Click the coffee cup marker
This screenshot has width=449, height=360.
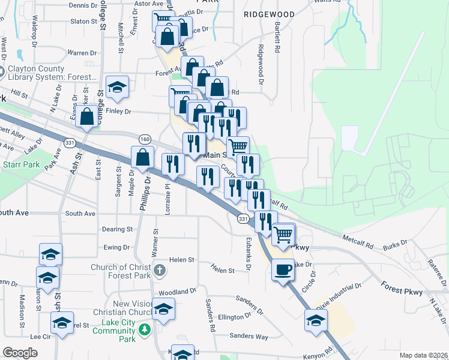coord(283,269)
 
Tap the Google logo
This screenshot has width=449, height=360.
coord(20,353)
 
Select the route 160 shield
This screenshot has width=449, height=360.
coord(145,139)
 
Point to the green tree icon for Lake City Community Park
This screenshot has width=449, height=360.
coord(145,330)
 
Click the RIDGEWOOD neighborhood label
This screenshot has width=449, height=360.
coord(270,14)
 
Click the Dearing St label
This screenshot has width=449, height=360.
coord(117,229)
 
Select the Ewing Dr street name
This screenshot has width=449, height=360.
coord(117,247)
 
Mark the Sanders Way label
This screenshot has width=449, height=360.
coord(249,336)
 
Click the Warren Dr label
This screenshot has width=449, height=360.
coord(82,52)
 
